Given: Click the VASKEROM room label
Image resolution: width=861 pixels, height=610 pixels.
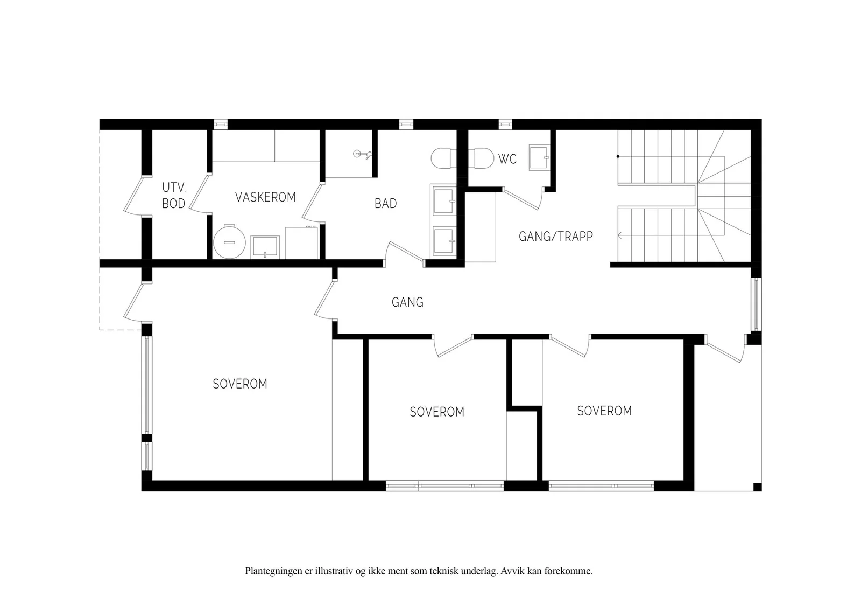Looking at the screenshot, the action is point(265,197).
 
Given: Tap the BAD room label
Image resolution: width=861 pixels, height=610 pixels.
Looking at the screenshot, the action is point(385,203).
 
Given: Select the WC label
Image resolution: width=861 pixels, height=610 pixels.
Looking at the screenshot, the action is point(507,159).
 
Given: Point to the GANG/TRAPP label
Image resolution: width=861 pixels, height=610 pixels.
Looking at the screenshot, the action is point(556,236).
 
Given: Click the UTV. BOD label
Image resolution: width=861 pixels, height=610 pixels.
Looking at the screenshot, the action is point(174,196).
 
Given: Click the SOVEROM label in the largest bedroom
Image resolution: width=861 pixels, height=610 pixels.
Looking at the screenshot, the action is point(240,384).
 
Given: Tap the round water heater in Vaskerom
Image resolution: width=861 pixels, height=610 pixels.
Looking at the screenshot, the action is point(229,242).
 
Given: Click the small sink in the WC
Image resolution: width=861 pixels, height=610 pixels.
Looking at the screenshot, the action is point(540,157).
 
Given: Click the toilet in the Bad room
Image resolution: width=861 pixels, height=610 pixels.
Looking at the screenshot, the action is point(443,158).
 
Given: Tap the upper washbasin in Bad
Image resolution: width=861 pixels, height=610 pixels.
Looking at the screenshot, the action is point(443,202).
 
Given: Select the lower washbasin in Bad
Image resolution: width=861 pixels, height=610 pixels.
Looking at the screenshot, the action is point(443,241).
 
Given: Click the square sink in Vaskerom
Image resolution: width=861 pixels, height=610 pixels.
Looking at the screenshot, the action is point(265,247).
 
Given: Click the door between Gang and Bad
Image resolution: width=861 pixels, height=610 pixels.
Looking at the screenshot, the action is point(406,254).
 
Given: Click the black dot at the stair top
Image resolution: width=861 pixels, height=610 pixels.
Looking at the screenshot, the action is point(618,156).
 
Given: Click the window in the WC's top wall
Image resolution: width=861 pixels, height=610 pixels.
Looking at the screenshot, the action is point(505,124).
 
